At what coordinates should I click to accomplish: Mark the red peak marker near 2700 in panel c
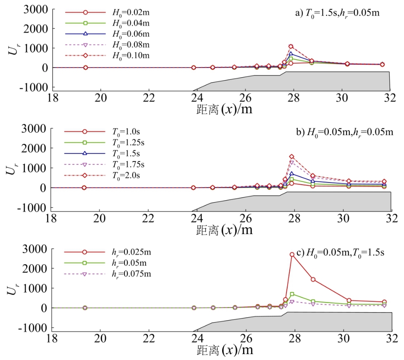[292, 254]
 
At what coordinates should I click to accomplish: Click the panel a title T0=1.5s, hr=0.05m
[337, 13]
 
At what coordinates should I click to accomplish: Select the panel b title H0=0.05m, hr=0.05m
[344, 133]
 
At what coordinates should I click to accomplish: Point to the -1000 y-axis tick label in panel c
[34, 328]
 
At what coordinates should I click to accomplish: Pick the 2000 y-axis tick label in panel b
[35, 149]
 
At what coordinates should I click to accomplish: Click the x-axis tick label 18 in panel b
[51, 218]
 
